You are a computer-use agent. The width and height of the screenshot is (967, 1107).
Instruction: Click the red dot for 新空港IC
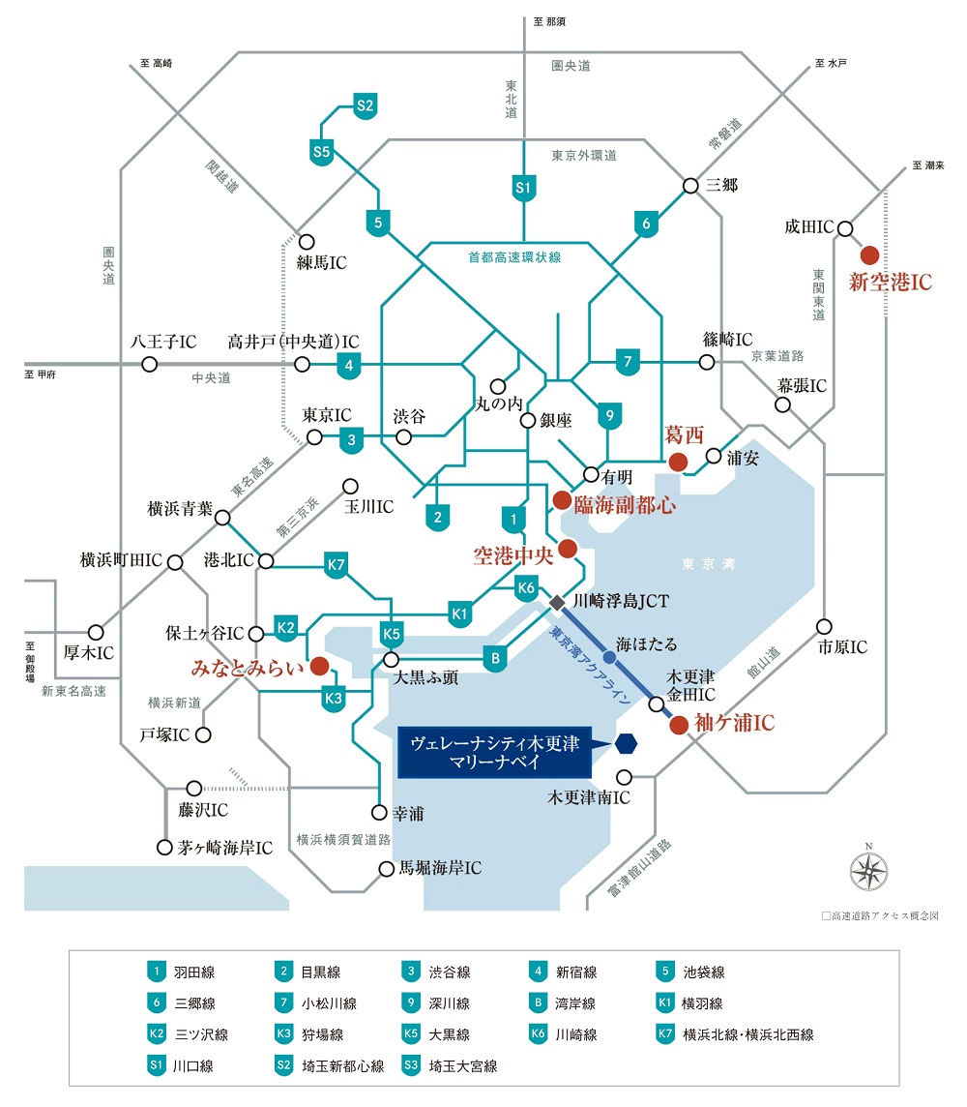[869, 254]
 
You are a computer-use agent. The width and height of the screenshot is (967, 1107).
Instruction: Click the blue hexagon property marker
[626, 744]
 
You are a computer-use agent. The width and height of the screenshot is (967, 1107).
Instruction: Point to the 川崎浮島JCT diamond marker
[556, 603]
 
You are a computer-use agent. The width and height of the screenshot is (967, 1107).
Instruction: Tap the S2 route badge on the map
[365, 106]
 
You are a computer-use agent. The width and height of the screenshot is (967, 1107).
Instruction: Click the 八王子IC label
[163, 342]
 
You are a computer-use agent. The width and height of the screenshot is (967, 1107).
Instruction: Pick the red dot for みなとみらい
[318, 666]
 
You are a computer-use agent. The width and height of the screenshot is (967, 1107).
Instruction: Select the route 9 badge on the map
[608, 417]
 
